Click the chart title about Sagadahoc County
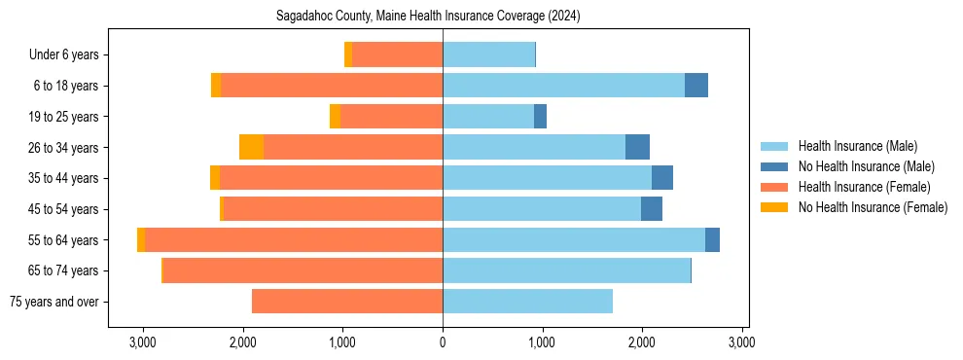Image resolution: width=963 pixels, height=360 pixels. pos(443,16)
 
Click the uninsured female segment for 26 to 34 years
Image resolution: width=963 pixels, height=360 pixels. pos(251,147)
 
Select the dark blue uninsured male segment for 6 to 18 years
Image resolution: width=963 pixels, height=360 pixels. pos(696,86)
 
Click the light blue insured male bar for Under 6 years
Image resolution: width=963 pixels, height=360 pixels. pos(488,54)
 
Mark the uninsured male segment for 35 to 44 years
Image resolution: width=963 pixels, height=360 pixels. pos(662,178)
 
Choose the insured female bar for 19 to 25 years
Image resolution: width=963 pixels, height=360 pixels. pos(391,117)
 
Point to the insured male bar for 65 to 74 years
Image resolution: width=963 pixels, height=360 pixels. pos(566,270)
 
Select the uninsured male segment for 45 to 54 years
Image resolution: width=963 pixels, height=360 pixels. pos(652,209)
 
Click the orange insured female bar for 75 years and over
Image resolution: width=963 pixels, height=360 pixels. pos(347,302)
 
